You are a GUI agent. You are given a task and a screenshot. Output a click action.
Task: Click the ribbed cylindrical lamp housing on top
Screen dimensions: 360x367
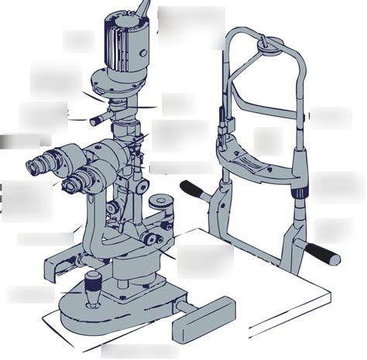tap(122, 39)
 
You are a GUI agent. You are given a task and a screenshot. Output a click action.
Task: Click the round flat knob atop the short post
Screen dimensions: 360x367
tap(161, 203)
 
